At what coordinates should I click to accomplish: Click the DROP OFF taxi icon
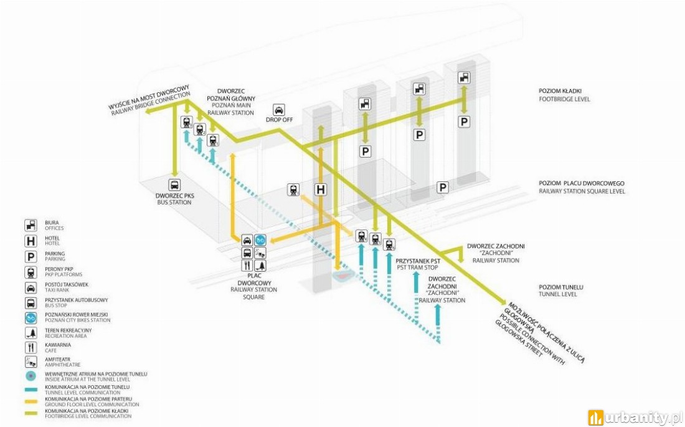(279, 110)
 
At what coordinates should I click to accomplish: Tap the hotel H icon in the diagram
(321, 190)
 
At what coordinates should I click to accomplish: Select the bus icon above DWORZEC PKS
(174, 185)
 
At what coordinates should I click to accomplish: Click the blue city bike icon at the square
(261, 240)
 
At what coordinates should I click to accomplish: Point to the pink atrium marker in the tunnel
(344, 276)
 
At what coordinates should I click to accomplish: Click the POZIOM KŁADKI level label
(560, 91)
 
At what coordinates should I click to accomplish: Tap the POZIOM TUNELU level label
(561, 287)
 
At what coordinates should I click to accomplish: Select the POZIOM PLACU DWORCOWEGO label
(582, 183)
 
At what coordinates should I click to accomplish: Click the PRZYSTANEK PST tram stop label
(418, 261)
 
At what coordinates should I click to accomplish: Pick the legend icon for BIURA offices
(31, 225)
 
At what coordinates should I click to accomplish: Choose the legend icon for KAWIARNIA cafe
(31, 348)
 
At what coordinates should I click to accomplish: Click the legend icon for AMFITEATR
(31, 362)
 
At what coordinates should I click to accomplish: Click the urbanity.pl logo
(635, 418)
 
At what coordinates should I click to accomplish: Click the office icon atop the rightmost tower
(464, 78)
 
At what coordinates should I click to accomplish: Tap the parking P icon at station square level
(443, 188)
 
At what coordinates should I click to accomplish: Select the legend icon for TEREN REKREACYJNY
(31, 333)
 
